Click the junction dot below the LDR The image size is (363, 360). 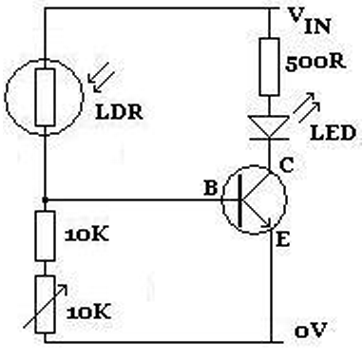pos(44,199)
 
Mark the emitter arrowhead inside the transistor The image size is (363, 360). pos(267,222)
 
